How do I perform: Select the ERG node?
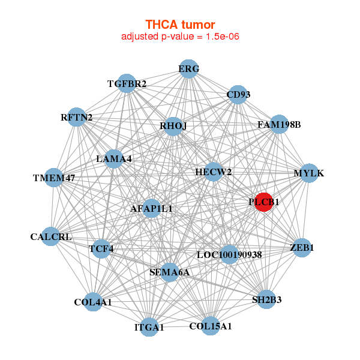coord(189,68)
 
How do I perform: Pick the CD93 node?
coord(238,95)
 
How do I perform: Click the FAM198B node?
coord(279,125)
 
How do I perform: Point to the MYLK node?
coord(308,173)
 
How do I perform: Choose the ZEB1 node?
coord(302,247)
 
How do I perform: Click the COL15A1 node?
coord(210,326)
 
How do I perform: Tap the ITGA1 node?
coord(149,327)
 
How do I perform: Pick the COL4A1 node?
coord(93,302)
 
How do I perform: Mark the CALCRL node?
coord(52,236)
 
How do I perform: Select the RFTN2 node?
coord(77,118)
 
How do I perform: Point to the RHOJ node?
coord(173,126)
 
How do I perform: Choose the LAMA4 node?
coord(114,159)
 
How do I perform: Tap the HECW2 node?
coord(214,172)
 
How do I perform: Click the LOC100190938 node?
coord(229,254)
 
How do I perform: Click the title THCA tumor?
coord(180,25)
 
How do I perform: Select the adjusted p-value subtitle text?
coord(180,37)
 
